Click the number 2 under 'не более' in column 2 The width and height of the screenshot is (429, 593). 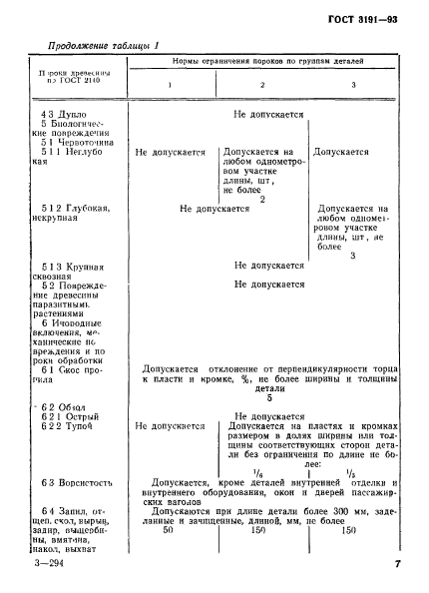[260, 199]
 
